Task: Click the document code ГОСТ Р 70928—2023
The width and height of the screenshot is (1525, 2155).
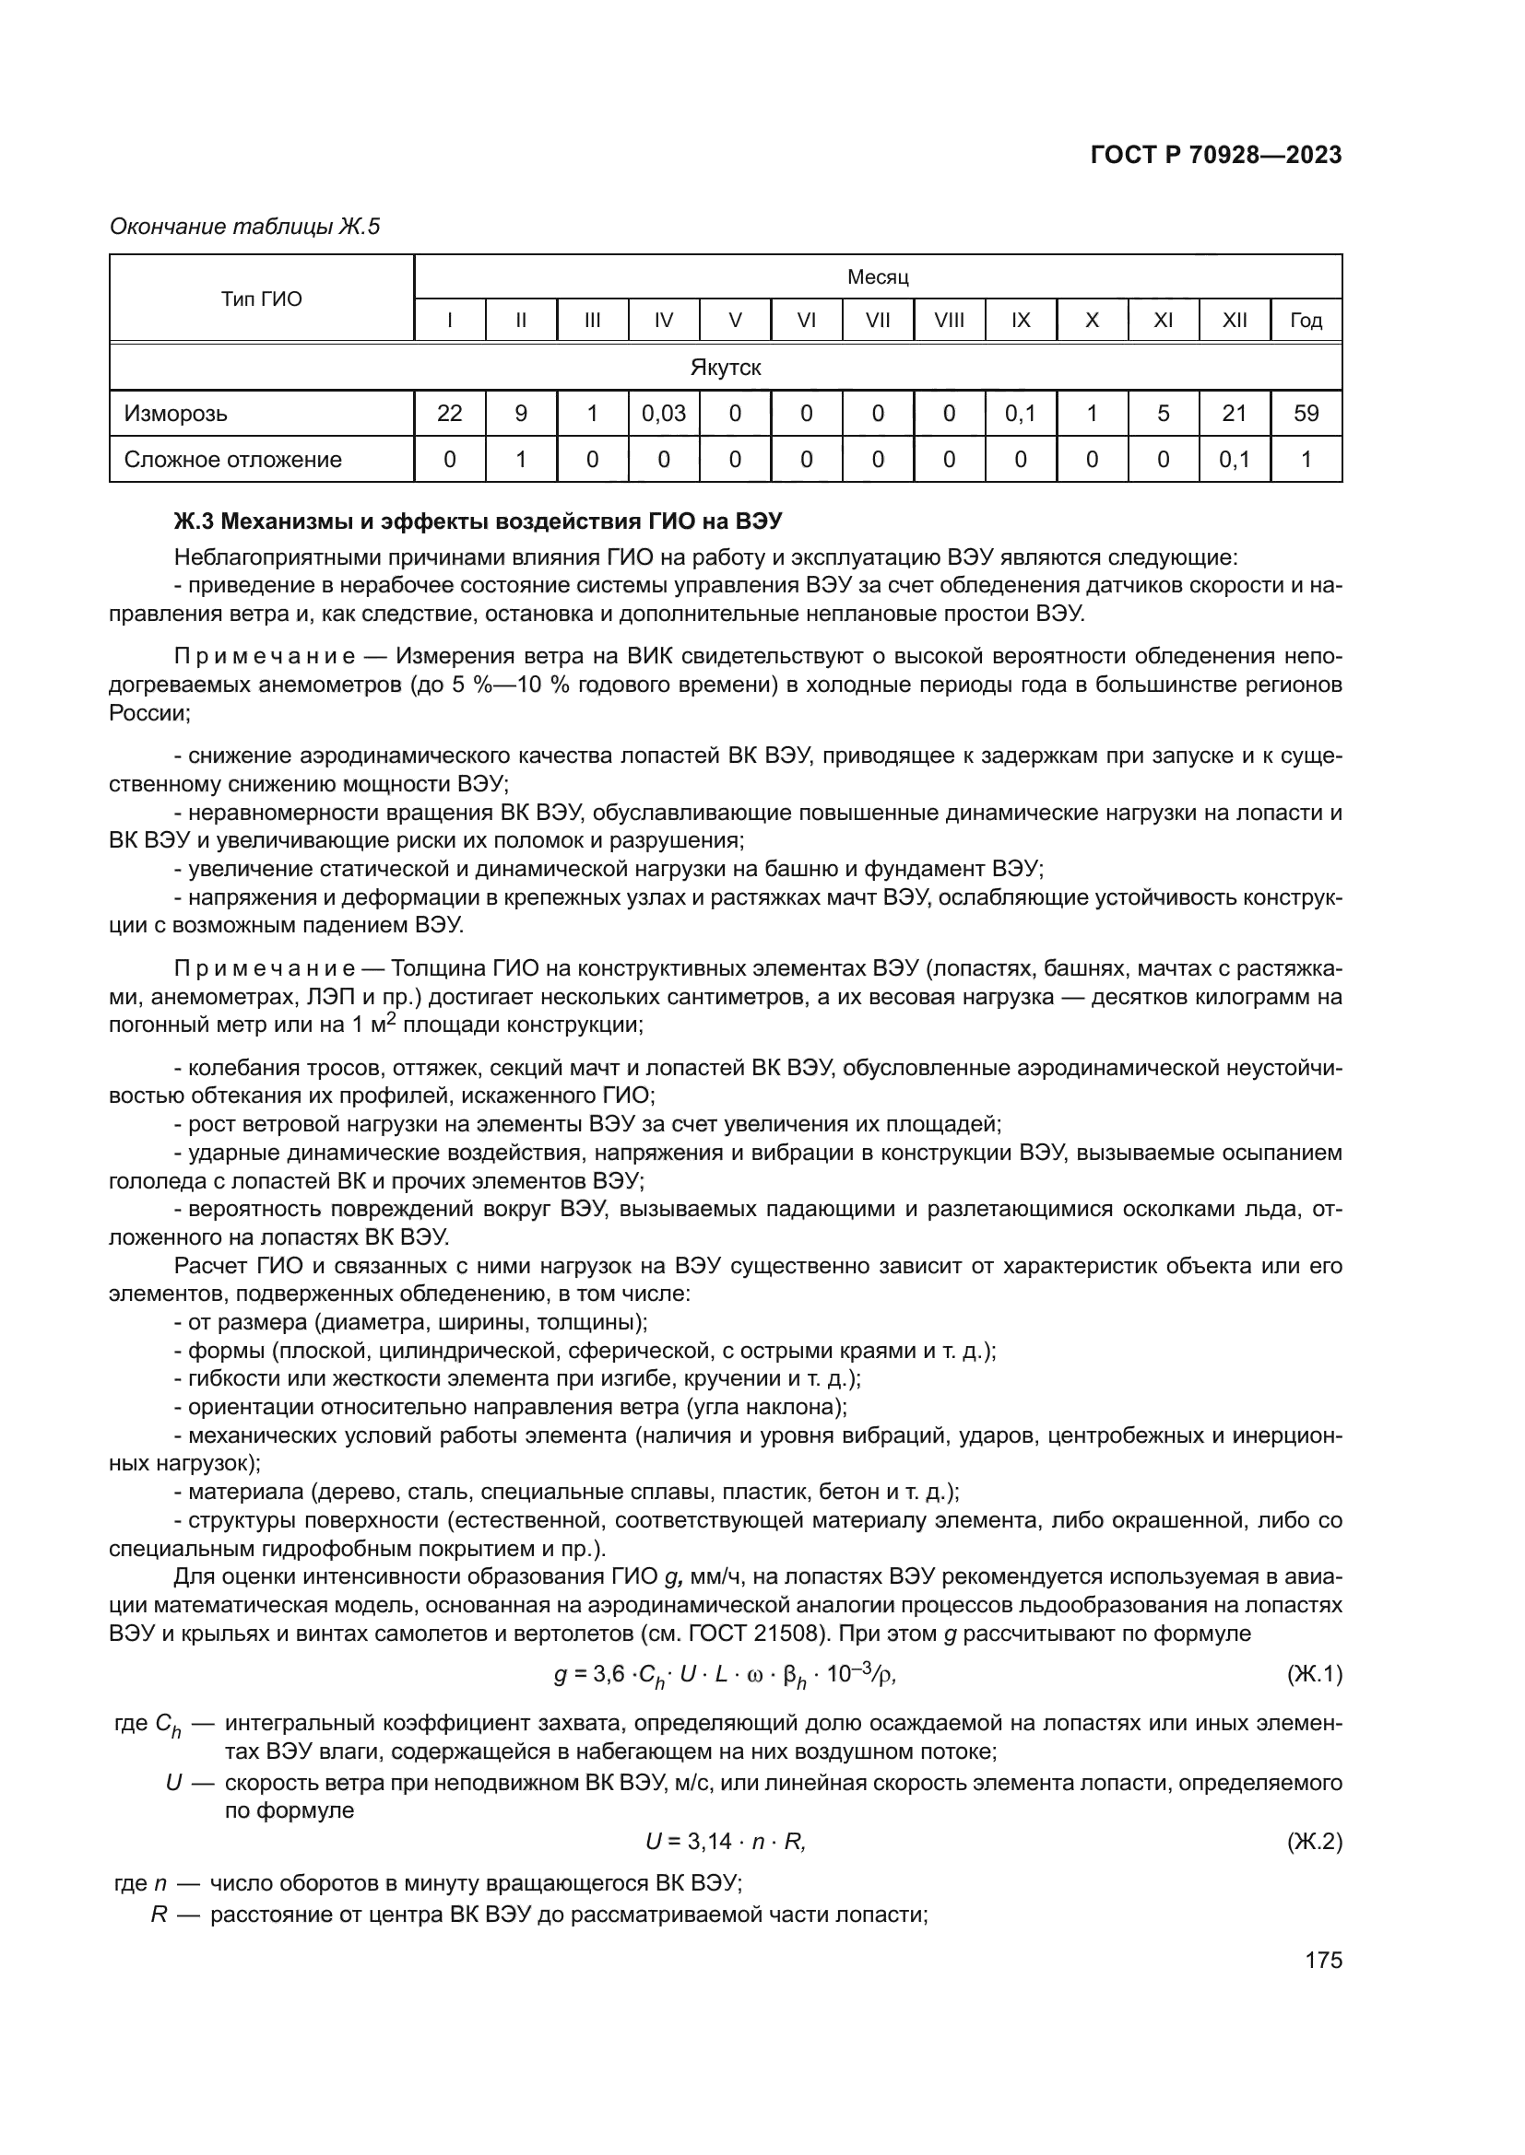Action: [1215, 156]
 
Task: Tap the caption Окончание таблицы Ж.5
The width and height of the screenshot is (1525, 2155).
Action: [245, 227]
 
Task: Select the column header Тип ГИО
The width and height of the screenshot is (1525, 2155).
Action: [261, 299]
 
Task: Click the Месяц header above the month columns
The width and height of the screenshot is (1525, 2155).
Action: [877, 277]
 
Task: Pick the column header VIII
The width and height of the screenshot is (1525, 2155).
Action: [949, 321]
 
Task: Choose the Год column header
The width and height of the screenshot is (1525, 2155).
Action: [1306, 321]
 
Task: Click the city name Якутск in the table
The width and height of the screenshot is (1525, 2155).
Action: [725, 368]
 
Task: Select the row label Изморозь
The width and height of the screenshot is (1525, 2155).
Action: [175, 414]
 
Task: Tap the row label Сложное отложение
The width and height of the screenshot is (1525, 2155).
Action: [233, 460]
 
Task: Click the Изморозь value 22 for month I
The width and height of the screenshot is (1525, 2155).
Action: [450, 414]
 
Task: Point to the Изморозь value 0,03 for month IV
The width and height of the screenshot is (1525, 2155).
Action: [663, 414]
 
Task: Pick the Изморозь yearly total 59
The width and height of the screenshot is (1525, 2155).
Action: [1306, 414]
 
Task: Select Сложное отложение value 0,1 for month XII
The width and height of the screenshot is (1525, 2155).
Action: [1234, 460]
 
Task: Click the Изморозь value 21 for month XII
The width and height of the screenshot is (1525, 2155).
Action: [1234, 414]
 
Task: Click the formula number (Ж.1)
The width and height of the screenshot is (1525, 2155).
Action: [1314, 1673]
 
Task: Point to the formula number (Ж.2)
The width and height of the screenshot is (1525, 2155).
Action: [1314, 1842]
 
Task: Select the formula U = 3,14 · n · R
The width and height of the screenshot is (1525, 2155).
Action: [725, 1842]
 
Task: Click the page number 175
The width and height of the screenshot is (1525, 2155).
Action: [1323, 1960]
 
